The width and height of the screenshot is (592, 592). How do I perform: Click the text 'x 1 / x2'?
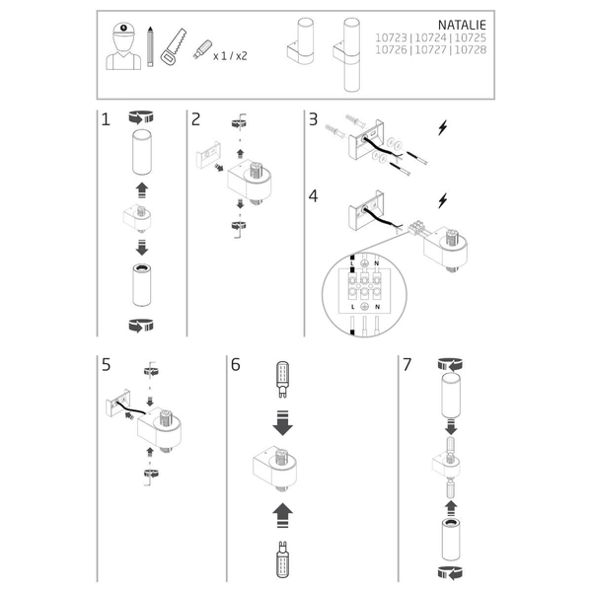[x=231, y=56]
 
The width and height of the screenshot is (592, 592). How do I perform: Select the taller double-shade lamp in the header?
[x=351, y=53]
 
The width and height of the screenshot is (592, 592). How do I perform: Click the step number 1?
[x=105, y=121]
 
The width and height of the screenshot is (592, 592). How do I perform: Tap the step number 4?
[x=313, y=196]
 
